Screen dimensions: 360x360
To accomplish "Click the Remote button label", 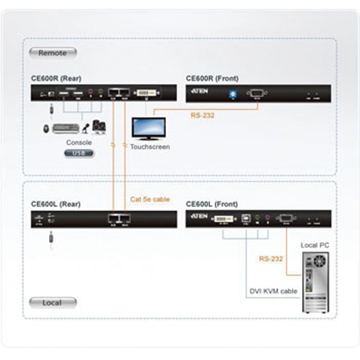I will [52, 53].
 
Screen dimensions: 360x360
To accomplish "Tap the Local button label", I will [52, 303].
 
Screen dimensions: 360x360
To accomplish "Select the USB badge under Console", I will [79, 153].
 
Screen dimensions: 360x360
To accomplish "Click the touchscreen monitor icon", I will [148, 129].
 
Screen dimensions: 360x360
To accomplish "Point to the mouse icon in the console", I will [46, 129].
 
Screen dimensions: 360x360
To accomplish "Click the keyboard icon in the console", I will [66, 129].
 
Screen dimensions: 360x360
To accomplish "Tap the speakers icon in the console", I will [99, 127].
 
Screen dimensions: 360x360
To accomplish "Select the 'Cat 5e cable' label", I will [150, 199].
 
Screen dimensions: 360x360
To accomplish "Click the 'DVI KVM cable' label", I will [274, 291].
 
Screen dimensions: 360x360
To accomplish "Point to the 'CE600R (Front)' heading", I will [212, 79].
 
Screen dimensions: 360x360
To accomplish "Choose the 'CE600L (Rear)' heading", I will [56, 204].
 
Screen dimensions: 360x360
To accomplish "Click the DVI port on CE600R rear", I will [147, 93].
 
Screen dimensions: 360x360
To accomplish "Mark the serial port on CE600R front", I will [256, 94].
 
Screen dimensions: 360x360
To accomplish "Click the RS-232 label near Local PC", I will [271, 259].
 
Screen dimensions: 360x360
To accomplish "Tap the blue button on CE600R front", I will [233, 94].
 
